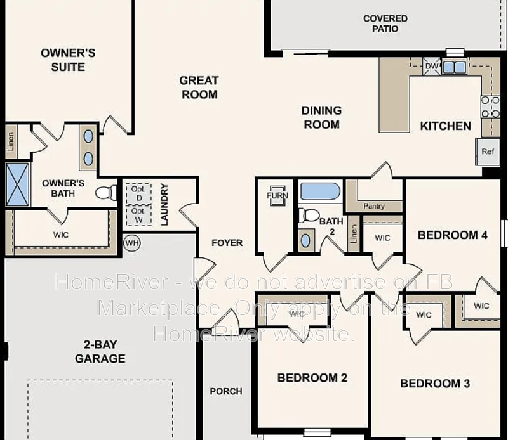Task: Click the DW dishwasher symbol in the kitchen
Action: pos(432,66)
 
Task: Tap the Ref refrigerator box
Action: pos(488,152)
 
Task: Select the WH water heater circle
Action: pos(131,243)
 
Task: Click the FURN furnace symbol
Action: pos(277,195)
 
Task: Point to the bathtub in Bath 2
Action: pos(321,191)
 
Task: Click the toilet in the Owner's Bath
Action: pos(107,192)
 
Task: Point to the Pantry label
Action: pos(374,206)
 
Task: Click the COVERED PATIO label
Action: pos(385,23)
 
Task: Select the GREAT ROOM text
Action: pos(199,87)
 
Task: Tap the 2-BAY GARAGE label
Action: pos(100,352)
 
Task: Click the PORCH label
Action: pos(226,391)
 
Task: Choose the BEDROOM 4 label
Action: pos(452,235)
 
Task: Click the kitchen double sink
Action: pos(455,67)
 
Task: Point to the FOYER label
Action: pos(227,243)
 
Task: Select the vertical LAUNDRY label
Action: pos(164,205)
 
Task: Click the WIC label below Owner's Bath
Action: pos(61,235)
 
